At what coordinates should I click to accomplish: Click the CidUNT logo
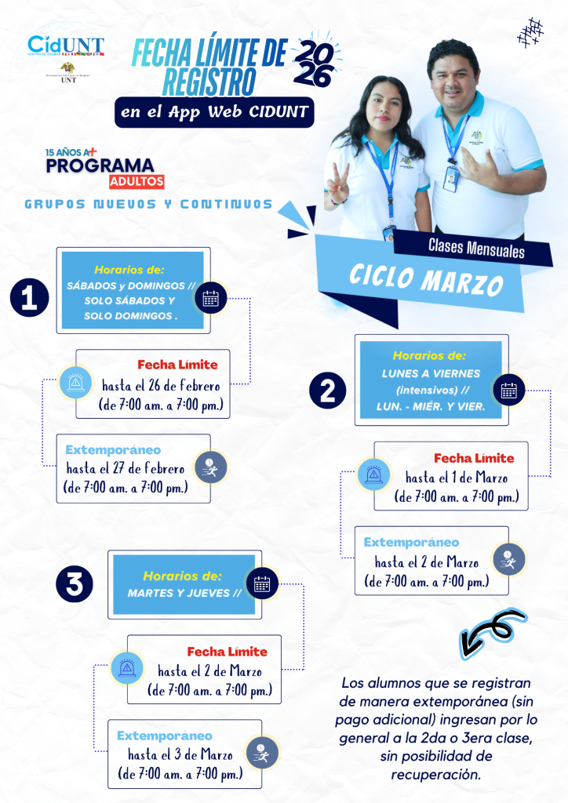coord(65,45)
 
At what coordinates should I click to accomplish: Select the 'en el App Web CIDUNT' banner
coord(214,111)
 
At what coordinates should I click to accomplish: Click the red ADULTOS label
coord(137,182)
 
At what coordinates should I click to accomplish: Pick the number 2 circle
coord(329,388)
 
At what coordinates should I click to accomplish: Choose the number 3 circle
coord(75,583)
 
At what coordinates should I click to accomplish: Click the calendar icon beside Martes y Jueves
coord(262,583)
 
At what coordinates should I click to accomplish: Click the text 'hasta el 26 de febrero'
coord(161,385)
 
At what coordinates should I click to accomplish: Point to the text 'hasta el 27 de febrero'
coord(126,469)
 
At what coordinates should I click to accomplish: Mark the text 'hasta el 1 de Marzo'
coord(456,478)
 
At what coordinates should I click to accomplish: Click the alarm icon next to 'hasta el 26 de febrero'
coord(76,383)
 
